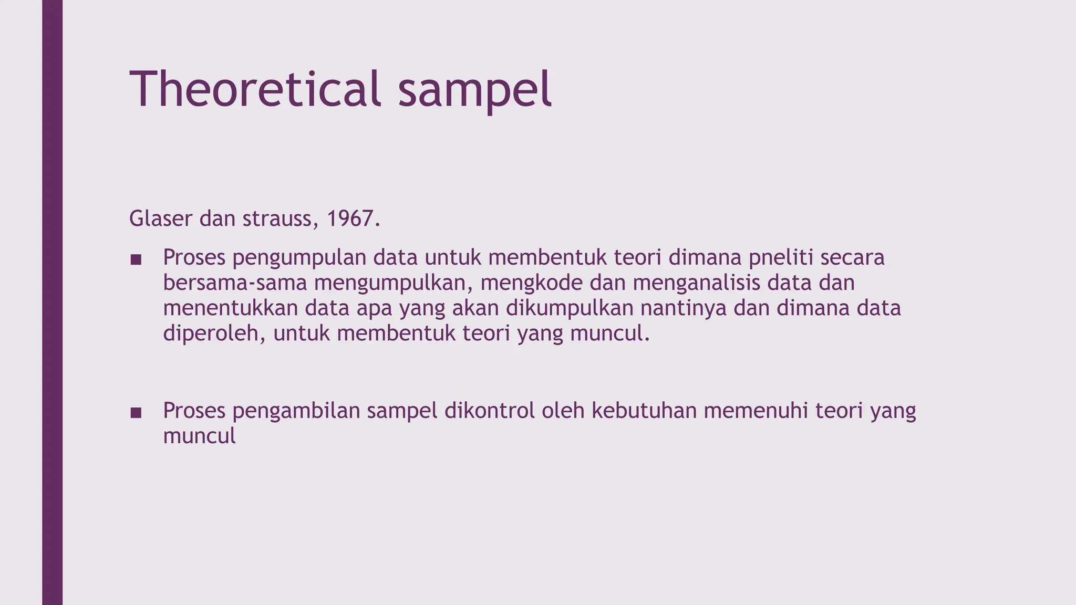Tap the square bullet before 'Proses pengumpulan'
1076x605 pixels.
[x=136, y=259]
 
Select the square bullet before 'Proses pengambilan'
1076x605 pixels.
[x=136, y=413]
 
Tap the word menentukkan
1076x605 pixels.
[x=231, y=308]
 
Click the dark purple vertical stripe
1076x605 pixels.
[x=52, y=302]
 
